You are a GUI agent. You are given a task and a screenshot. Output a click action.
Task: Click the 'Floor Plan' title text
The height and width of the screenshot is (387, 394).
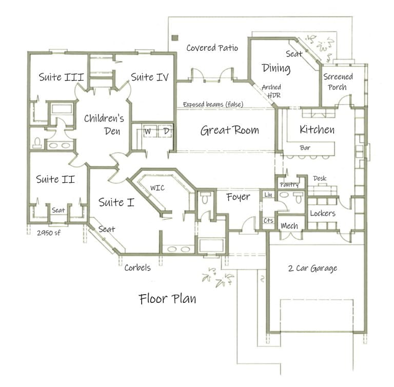click(167, 298)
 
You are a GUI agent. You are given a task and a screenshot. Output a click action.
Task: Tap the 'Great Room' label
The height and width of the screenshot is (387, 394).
click(229, 130)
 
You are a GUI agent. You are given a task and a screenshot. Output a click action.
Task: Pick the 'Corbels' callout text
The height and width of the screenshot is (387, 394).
click(137, 267)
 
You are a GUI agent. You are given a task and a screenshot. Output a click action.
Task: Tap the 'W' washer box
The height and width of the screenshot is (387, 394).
click(148, 131)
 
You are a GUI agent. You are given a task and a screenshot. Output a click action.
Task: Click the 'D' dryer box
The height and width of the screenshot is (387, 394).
click(166, 131)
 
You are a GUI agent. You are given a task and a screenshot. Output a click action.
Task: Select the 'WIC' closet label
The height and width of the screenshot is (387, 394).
click(157, 188)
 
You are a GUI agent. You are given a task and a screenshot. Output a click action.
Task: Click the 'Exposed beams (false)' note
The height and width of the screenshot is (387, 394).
click(213, 105)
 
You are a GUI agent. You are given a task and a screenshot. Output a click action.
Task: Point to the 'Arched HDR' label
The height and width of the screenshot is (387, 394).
click(271, 91)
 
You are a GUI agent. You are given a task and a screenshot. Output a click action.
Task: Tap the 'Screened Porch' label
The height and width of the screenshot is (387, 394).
click(338, 82)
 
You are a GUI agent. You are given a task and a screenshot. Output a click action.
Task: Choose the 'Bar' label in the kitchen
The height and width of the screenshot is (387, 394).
click(305, 148)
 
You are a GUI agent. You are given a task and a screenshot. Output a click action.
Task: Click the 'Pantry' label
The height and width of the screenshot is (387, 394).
click(289, 184)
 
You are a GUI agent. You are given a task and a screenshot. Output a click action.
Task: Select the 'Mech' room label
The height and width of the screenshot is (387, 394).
click(289, 226)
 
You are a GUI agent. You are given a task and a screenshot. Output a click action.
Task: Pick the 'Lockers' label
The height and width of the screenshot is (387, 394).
click(323, 213)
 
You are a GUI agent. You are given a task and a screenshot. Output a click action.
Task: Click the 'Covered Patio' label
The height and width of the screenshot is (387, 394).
click(212, 48)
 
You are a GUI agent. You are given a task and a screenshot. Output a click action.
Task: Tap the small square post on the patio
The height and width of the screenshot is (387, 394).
click(175, 37)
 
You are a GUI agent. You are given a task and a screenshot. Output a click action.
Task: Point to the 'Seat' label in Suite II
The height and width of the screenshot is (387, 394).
click(58, 210)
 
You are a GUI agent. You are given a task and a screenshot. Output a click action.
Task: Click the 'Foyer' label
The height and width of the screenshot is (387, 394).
click(239, 197)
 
